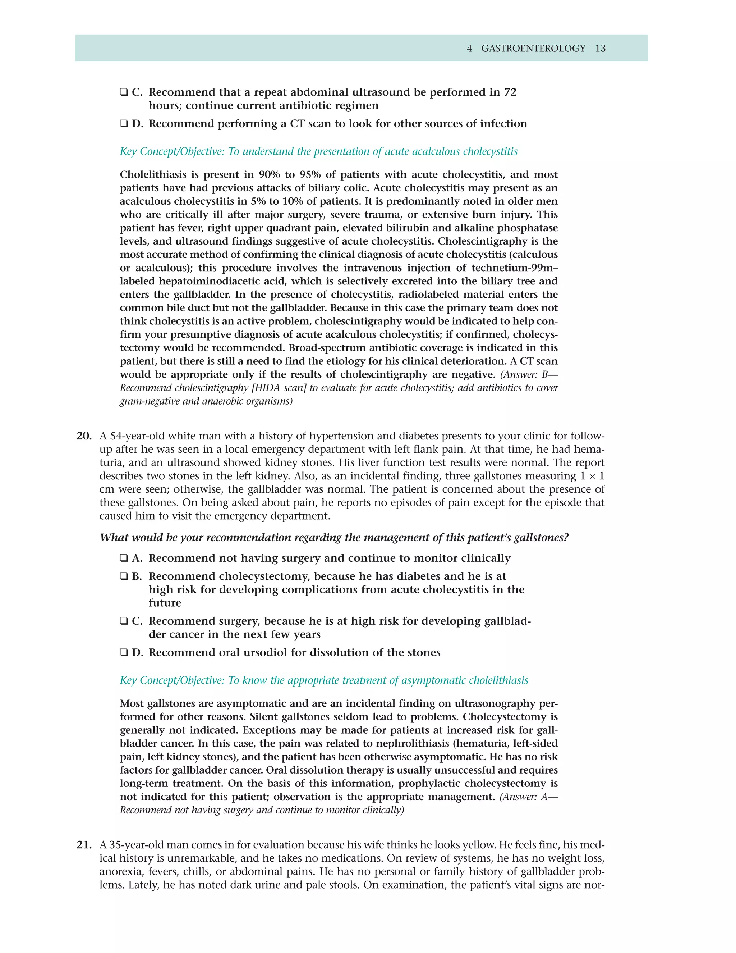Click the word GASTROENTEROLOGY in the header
[533, 49]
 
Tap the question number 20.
[84, 436]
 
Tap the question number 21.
[84, 845]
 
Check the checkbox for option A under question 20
[124, 558]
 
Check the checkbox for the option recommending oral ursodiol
[124, 652]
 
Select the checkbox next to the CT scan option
[124, 124]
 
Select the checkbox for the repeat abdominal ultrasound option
[124, 92]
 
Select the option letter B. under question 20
[137, 576]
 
